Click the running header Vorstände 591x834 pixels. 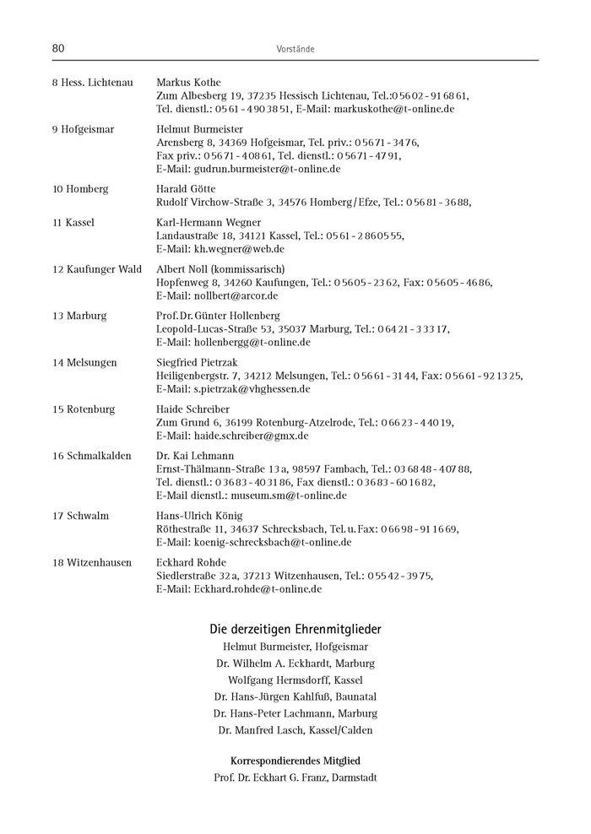(x=295, y=50)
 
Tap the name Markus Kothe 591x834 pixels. (x=188, y=83)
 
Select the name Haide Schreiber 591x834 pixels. (x=190, y=409)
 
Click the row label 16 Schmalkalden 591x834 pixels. (x=91, y=456)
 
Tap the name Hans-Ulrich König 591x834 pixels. (x=199, y=516)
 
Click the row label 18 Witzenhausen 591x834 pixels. (x=91, y=562)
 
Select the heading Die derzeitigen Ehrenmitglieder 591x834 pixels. (x=295, y=629)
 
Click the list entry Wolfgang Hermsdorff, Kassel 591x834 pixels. (x=295, y=680)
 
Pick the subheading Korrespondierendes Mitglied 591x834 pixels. (x=295, y=760)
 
